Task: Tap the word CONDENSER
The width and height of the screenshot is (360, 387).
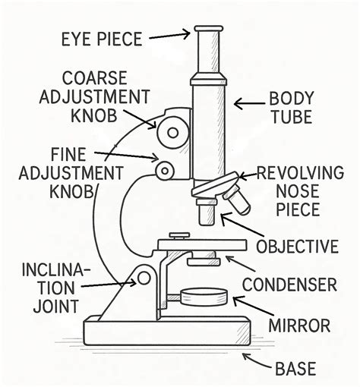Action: [289, 285]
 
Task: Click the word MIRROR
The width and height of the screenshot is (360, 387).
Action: [300, 326]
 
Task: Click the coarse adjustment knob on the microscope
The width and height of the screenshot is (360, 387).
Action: [174, 134]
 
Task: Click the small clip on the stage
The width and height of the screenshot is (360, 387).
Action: [179, 237]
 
